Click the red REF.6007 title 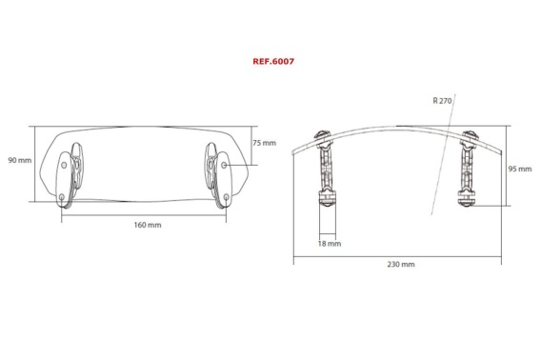click(x=273, y=62)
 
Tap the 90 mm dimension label click(x=20, y=160)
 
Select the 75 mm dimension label click(x=264, y=143)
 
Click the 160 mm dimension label click(x=148, y=225)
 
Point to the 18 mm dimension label click(x=330, y=244)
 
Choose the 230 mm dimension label click(x=401, y=264)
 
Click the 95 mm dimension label click(x=520, y=169)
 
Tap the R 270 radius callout click(x=442, y=100)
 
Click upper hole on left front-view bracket click(x=64, y=165)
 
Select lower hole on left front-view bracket click(x=62, y=197)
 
